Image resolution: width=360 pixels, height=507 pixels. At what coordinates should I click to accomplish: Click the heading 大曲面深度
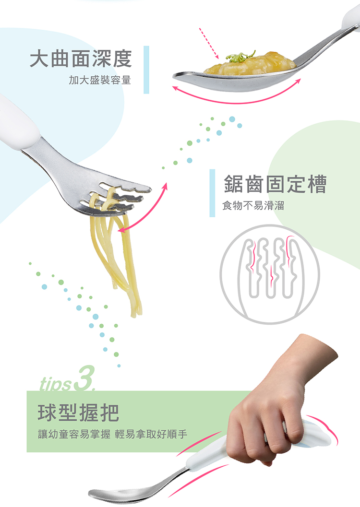[x=81, y=59]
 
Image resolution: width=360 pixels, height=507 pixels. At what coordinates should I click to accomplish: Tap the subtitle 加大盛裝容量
[x=100, y=80]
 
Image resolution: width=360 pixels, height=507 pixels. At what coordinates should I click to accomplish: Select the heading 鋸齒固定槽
[x=275, y=184]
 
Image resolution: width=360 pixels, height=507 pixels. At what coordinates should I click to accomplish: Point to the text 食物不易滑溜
[x=253, y=205]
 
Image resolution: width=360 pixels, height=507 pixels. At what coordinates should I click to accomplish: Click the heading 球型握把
[x=79, y=413]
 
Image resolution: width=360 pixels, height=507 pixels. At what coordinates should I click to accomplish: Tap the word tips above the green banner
[x=55, y=384]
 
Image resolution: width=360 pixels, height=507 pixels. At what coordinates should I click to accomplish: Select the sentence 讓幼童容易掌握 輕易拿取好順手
[x=113, y=434]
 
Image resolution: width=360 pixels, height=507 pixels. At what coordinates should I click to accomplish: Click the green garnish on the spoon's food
[x=240, y=57]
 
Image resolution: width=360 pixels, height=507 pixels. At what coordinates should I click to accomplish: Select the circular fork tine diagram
[x=270, y=274]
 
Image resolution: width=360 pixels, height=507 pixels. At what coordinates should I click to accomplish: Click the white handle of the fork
[x=16, y=121]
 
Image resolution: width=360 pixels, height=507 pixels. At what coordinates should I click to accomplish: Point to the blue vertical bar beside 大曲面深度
[x=146, y=70]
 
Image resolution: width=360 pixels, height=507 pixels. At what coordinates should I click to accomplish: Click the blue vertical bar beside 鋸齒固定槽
[x=212, y=193]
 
